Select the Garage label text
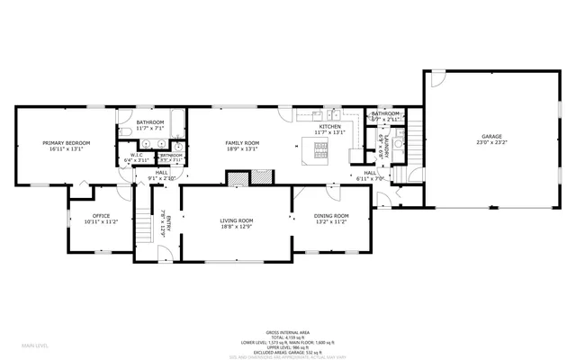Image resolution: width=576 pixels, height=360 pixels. coord(490,139)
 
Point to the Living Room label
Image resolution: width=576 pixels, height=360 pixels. coord(238,223)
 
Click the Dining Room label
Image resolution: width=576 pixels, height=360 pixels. coord(330,218)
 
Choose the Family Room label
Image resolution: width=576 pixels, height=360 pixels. coord(241,146)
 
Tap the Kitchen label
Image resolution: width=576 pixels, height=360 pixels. coord(329,130)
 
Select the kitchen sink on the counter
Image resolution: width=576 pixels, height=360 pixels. coord(332,114)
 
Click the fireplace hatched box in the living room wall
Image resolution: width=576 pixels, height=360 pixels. coord(238,178)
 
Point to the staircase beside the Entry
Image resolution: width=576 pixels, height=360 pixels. coord(143,225)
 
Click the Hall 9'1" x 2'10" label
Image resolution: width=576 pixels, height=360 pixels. coord(161,174)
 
